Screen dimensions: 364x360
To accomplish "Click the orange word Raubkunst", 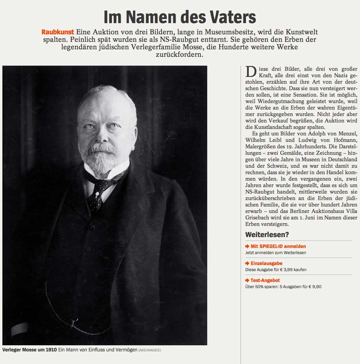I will click(58, 32).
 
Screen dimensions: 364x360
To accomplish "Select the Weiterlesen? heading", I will click(267, 235).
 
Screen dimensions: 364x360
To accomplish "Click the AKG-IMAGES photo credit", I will click(149, 350).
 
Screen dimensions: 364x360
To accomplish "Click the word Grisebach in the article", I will click(257, 218).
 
